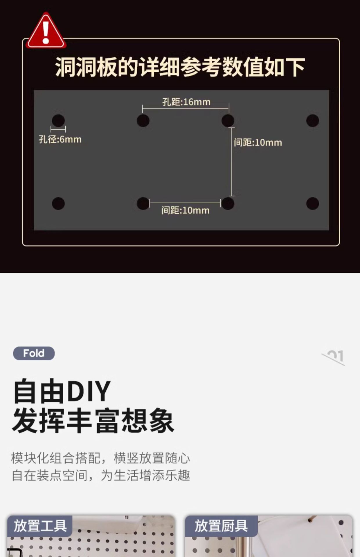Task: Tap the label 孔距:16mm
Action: point(186,102)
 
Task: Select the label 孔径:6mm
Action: point(60,140)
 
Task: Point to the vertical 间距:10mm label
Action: point(258,142)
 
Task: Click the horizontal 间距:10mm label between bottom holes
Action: point(185,210)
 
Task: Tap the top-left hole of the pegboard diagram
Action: point(58,121)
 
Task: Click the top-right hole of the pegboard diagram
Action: point(312,121)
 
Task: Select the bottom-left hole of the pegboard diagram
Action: point(58,203)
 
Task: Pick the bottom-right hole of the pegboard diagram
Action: point(312,203)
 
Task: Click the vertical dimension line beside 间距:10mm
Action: point(231,162)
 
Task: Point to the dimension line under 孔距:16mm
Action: point(186,109)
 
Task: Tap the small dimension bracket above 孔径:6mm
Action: point(58,129)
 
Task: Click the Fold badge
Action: point(34,353)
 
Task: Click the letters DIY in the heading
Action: point(89,391)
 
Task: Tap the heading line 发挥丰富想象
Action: point(93,421)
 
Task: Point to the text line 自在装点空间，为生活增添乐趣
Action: point(101,475)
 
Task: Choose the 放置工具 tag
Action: point(40,526)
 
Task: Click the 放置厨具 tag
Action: point(221,526)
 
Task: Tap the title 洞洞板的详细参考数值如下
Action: point(180,67)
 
